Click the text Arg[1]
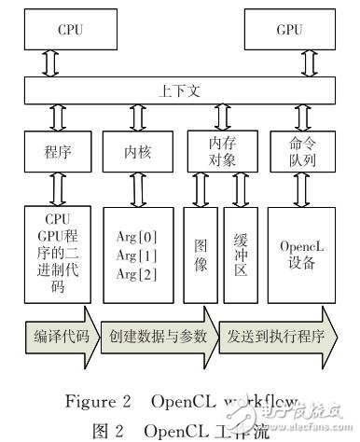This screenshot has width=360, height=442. click(137, 255)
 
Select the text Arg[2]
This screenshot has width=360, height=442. click(137, 274)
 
